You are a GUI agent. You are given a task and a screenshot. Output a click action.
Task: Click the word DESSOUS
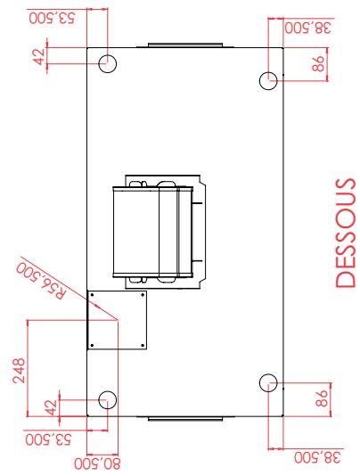pos(345,233)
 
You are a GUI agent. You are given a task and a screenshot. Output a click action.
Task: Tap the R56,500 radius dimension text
pos(41,282)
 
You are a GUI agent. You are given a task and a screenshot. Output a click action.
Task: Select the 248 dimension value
pos(19,371)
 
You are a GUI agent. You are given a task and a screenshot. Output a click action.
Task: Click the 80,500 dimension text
pos(98,464)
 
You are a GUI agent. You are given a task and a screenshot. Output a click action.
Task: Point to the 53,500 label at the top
pos(52,18)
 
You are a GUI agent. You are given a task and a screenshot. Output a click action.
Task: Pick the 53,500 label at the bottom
pos(49,439)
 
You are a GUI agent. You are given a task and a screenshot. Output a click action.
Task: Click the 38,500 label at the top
pos(307,28)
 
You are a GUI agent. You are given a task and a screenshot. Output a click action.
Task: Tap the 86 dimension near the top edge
pos(318,64)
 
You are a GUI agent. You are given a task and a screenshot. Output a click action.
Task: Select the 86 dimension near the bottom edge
pos(322,398)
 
